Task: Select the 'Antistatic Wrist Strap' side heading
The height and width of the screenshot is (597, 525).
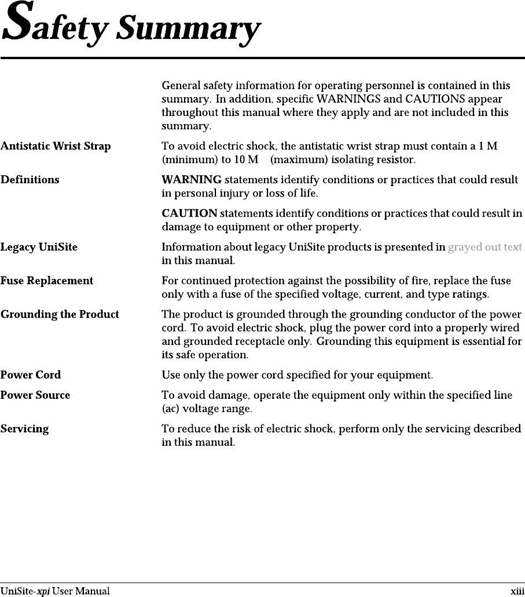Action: pyautogui.click(x=56, y=146)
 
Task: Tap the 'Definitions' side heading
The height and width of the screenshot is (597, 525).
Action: pyautogui.click(x=30, y=180)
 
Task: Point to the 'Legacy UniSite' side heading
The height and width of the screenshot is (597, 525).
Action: pyautogui.click(x=39, y=247)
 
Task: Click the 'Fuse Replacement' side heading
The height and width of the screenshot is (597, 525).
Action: pyautogui.click(x=47, y=281)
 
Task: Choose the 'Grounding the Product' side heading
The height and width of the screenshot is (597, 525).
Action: pyautogui.click(x=60, y=315)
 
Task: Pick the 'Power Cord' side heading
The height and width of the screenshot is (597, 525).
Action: pyautogui.click(x=31, y=375)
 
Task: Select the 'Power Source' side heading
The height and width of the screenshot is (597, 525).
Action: pyautogui.click(x=35, y=395)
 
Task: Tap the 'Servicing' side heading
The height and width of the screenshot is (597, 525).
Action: pyautogui.click(x=25, y=429)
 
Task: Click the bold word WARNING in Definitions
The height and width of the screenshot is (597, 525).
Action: pyautogui.click(x=191, y=180)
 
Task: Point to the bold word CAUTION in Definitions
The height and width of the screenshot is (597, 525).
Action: pyautogui.click(x=189, y=214)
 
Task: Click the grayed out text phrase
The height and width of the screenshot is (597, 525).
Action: pyautogui.click(x=485, y=247)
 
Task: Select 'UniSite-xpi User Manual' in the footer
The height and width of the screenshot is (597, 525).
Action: pyautogui.click(x=55, y=591)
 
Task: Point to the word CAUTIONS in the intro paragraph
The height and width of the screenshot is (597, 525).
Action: pyautogui.click(x=424, y=99)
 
